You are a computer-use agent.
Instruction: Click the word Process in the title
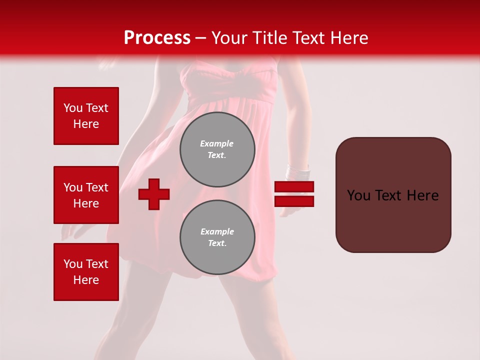point(157,38)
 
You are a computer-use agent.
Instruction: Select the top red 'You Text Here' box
point(86,116)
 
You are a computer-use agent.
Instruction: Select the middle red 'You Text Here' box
point(86,195)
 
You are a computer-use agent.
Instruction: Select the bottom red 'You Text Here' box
point(86,272)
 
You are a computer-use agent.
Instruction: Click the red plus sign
point(154,194)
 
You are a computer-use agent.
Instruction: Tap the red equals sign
point(294,194)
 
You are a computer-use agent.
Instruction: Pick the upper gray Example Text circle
point(217,149)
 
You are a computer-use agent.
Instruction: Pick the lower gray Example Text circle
point(217,237)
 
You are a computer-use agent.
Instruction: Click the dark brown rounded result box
point(393,195)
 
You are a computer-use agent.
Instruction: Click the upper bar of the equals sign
point(294,187)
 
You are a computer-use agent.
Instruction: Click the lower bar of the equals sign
point(294,201)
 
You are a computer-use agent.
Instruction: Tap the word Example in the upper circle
point(217,144)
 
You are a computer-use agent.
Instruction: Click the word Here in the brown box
point(422,195)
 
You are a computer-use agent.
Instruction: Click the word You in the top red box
point(73,108)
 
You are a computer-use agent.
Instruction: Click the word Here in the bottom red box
point(86,280)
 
